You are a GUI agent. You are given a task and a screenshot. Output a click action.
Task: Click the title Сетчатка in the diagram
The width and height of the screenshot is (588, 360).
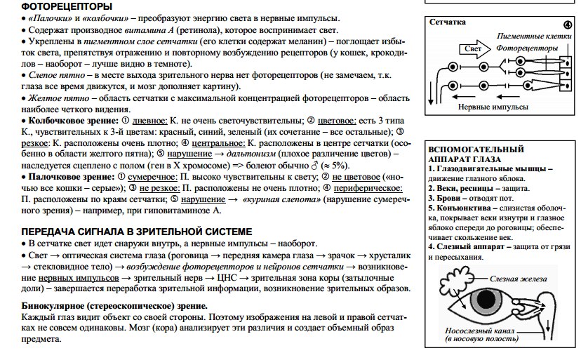447,22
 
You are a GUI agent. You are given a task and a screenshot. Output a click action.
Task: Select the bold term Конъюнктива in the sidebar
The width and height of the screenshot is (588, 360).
467,208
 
